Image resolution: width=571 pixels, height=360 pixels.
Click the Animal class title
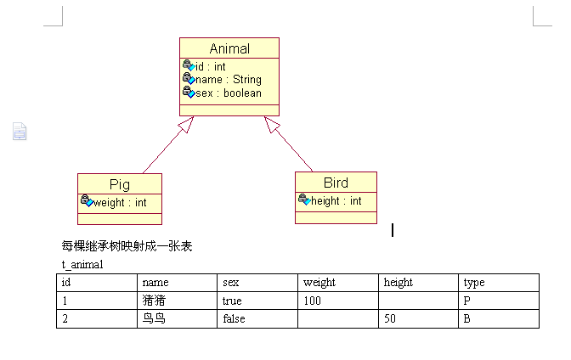pos(229,48)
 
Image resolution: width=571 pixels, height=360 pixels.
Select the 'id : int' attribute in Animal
pos(211,66)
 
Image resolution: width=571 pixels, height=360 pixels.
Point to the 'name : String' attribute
pos(229,79)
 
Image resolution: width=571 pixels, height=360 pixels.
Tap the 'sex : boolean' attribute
pos(229,93)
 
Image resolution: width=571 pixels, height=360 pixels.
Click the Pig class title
pos(120,184)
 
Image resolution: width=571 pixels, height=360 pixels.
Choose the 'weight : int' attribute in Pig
pos(120,202)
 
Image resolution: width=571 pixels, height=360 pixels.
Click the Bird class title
pos(336,183)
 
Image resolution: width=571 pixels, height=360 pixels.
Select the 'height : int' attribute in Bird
pos(336,201)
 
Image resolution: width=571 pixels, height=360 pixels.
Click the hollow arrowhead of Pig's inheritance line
pos(186,124)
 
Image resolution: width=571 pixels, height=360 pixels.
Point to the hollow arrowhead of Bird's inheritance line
pos(272,124)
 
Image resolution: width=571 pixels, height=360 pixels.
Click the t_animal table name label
pos(82,264)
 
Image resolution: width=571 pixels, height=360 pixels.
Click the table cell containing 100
pos(337,301)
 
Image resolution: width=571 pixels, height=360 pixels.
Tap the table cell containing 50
pos(418,319)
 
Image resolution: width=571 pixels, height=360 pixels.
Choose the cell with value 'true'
pos(257,301)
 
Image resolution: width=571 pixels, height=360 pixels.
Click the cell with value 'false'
pos(257,319)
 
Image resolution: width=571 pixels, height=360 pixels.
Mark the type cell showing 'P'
pos(499,301)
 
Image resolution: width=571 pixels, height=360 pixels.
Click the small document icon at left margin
pos(20,131)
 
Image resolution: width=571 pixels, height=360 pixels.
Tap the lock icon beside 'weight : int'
pos(87,200)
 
